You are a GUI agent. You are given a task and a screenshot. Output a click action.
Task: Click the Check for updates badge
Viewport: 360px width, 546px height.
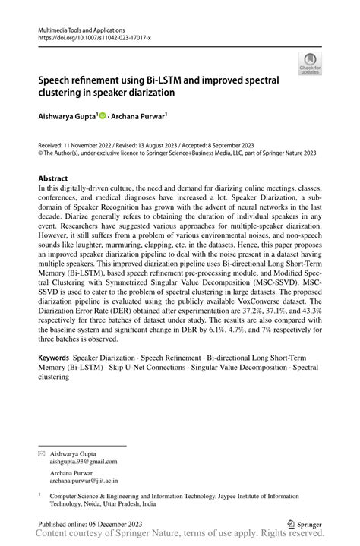point(309,64)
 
